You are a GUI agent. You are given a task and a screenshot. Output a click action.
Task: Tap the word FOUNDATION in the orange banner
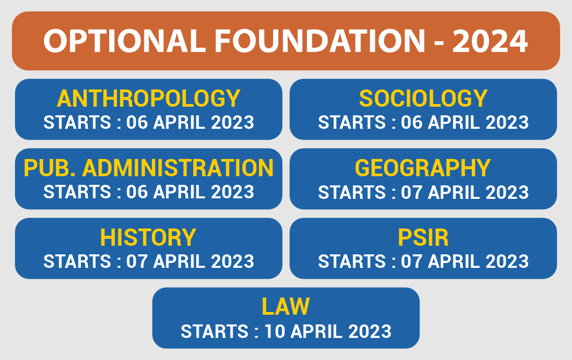pos(320,40)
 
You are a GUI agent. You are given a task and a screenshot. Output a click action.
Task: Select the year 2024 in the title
pos(490,40)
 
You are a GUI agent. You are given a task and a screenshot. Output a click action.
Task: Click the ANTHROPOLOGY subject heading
pos(149,99)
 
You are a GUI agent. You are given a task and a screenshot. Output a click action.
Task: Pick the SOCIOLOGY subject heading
pos(423,99)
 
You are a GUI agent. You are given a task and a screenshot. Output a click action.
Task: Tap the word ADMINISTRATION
pos(178,168)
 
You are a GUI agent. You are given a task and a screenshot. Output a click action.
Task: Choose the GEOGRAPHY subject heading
pos(423,168)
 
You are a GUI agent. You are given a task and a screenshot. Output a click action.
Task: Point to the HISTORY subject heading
pos(148,238)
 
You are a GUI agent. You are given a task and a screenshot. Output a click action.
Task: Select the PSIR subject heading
pos(423,238)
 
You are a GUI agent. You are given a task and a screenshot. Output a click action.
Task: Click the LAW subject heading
pos(285,307)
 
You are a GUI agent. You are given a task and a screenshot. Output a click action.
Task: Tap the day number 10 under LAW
pos(275,331)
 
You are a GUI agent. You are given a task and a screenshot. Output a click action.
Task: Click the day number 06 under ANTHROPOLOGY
pos(137,122)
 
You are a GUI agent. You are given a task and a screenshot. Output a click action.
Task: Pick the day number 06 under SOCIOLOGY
pos(411,122)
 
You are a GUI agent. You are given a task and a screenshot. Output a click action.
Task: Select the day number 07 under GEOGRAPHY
pos(411,192)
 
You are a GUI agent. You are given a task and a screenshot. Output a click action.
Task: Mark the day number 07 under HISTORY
pos(137,261)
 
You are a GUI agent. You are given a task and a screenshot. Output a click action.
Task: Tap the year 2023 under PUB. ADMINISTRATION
pos(232,192)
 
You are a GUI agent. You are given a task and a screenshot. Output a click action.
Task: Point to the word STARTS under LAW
pos(214,331)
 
